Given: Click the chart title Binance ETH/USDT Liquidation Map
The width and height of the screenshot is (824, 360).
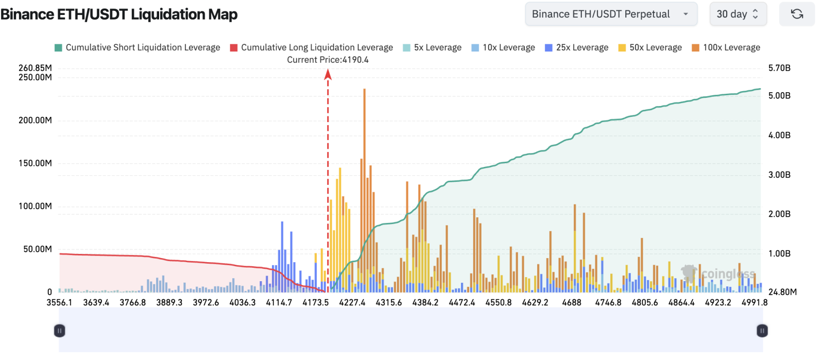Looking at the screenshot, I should point(119,14).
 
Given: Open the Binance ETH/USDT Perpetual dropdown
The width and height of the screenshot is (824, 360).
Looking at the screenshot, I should point(611,14).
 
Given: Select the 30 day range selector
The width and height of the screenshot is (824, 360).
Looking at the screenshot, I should point(737,14).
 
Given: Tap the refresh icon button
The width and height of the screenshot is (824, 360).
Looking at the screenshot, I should point(797,14).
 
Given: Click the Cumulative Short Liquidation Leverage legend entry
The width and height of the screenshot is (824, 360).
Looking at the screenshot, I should point(138,47).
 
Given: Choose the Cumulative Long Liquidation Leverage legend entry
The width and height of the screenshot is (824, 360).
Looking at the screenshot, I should point(312,47).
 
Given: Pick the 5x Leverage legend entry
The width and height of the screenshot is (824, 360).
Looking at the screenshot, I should point(433,47).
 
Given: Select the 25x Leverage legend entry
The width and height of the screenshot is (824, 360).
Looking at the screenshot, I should point(577,47).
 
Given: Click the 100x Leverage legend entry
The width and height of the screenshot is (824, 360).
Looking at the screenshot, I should point(726,47).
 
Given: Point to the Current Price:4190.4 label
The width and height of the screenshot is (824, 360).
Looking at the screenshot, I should point(328,60).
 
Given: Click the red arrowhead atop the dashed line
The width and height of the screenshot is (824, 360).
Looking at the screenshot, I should point(328,75).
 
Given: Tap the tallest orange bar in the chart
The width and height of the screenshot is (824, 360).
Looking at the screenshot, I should point(364,155).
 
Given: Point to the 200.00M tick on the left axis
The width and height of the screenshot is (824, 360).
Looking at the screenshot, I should point(35,121).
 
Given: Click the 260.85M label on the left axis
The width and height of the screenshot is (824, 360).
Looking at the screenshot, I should point(35,68).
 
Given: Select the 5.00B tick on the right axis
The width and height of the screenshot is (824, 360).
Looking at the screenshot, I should point(779,96).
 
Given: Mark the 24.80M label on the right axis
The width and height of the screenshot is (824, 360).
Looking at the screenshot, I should point(782,292).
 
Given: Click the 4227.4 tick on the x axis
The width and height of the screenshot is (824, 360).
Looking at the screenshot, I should point(352,302).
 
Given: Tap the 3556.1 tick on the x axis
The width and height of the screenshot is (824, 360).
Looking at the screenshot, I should point(60,302).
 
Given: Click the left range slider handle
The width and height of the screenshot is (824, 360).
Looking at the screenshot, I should point(60,331).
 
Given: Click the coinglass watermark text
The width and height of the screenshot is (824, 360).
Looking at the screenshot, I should point(728,274).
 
